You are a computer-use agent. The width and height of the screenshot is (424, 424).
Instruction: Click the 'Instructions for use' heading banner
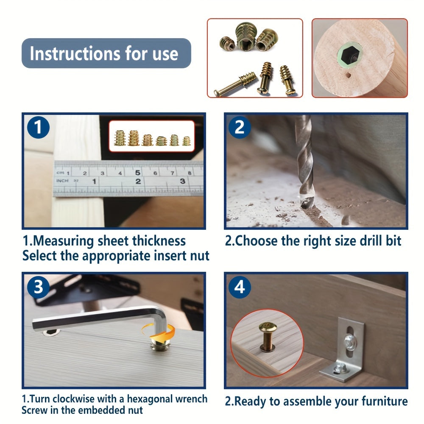point(106,54)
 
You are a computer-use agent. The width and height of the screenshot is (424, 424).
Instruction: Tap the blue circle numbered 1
point(38,128)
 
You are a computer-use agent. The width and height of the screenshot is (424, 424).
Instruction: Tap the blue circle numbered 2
point(240,127)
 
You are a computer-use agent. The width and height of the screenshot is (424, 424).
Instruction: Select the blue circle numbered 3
point(38,287)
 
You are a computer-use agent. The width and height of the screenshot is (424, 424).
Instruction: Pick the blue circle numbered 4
point(240,287)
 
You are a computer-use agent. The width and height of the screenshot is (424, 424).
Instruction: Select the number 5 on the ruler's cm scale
point(138,173)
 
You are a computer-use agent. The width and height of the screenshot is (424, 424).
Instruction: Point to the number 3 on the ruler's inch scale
point(182,181)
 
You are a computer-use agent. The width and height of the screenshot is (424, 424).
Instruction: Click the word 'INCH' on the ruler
point(62,181)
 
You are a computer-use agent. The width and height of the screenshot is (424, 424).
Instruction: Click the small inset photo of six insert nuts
point(151,136)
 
